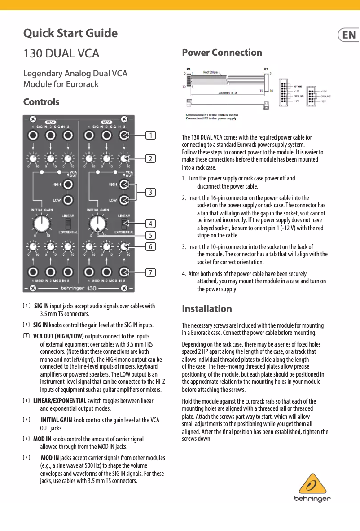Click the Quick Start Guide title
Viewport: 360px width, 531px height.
(70, 34)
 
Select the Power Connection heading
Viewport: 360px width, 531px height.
(222, 53)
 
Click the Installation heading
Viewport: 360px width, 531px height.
(207, 309)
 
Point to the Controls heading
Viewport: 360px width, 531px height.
(41, 102)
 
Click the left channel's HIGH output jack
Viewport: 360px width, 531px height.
(68, 184)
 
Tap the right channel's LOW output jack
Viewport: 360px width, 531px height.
(124, 200)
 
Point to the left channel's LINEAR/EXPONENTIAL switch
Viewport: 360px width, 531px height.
(68, 224)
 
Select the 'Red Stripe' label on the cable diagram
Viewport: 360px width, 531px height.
(211, 72)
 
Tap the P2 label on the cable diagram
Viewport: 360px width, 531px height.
(266, 69)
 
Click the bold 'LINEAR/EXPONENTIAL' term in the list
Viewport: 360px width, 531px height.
(60, 401)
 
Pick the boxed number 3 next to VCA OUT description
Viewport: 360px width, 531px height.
(26, 336)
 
